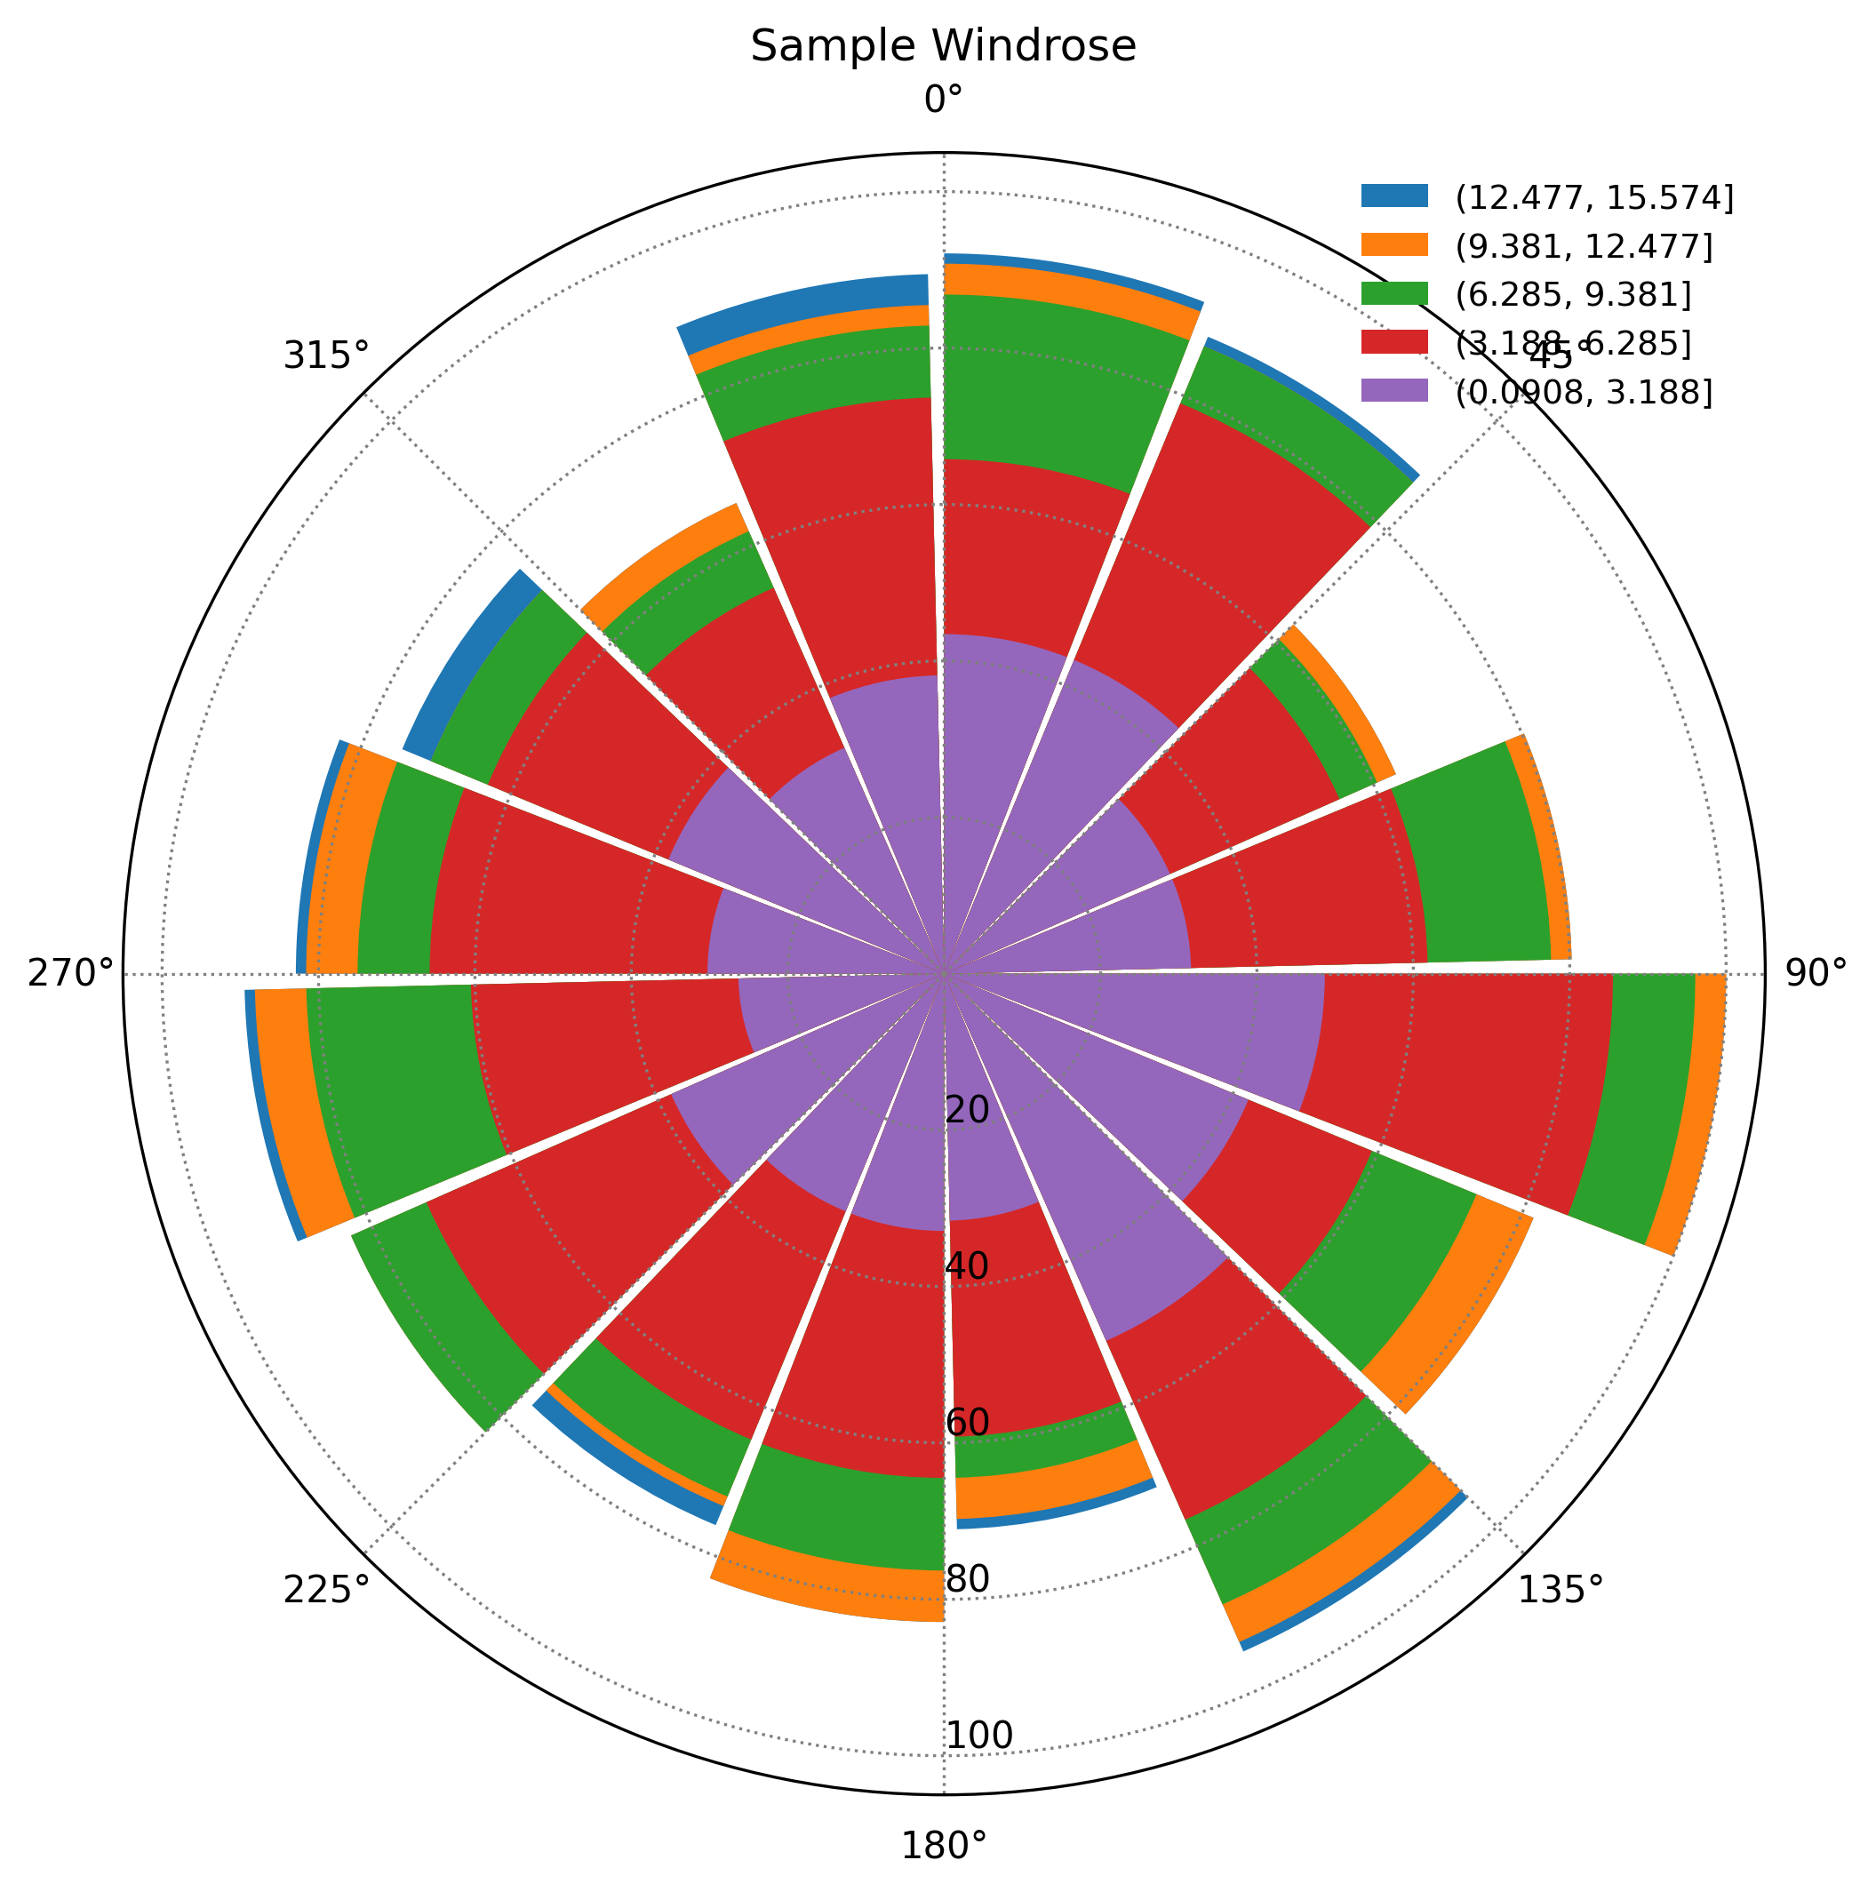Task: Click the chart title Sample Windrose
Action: (x=943, y=47)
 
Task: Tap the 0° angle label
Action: (x=943, y=99)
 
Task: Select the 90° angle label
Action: (x=1816, y=973)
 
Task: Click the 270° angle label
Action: (x=70, y=973)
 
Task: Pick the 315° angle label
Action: (x=327, y=355)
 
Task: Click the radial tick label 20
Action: (x=968, y=1111)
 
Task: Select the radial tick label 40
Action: (x=968, y=1266)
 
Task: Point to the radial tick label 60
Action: (x=968, y=1423)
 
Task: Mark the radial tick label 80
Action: (x=968, y=1578)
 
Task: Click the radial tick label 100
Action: (x=979, y=1736)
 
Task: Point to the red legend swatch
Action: (x=1394, y=342)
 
